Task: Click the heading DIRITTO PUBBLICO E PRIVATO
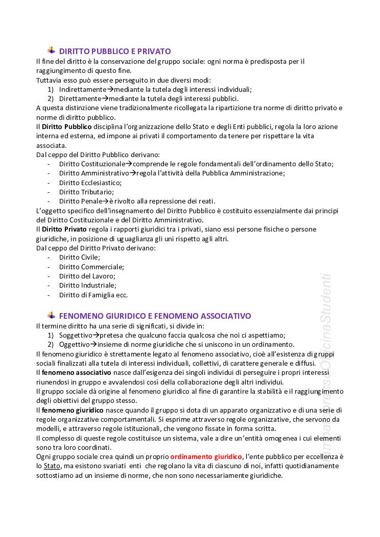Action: pos(115,52)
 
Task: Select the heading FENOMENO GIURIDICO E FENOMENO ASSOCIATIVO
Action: pos(155,316)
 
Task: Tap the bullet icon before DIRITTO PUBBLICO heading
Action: pos(52,50)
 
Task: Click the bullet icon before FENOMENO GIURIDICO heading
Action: pos(52,315)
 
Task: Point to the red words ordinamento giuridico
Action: pos(206,456)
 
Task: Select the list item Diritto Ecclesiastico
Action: pos(83,183)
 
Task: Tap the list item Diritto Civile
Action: pos(79,258)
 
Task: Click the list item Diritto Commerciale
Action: pos(91,267)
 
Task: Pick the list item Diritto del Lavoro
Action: pos(87,276)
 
